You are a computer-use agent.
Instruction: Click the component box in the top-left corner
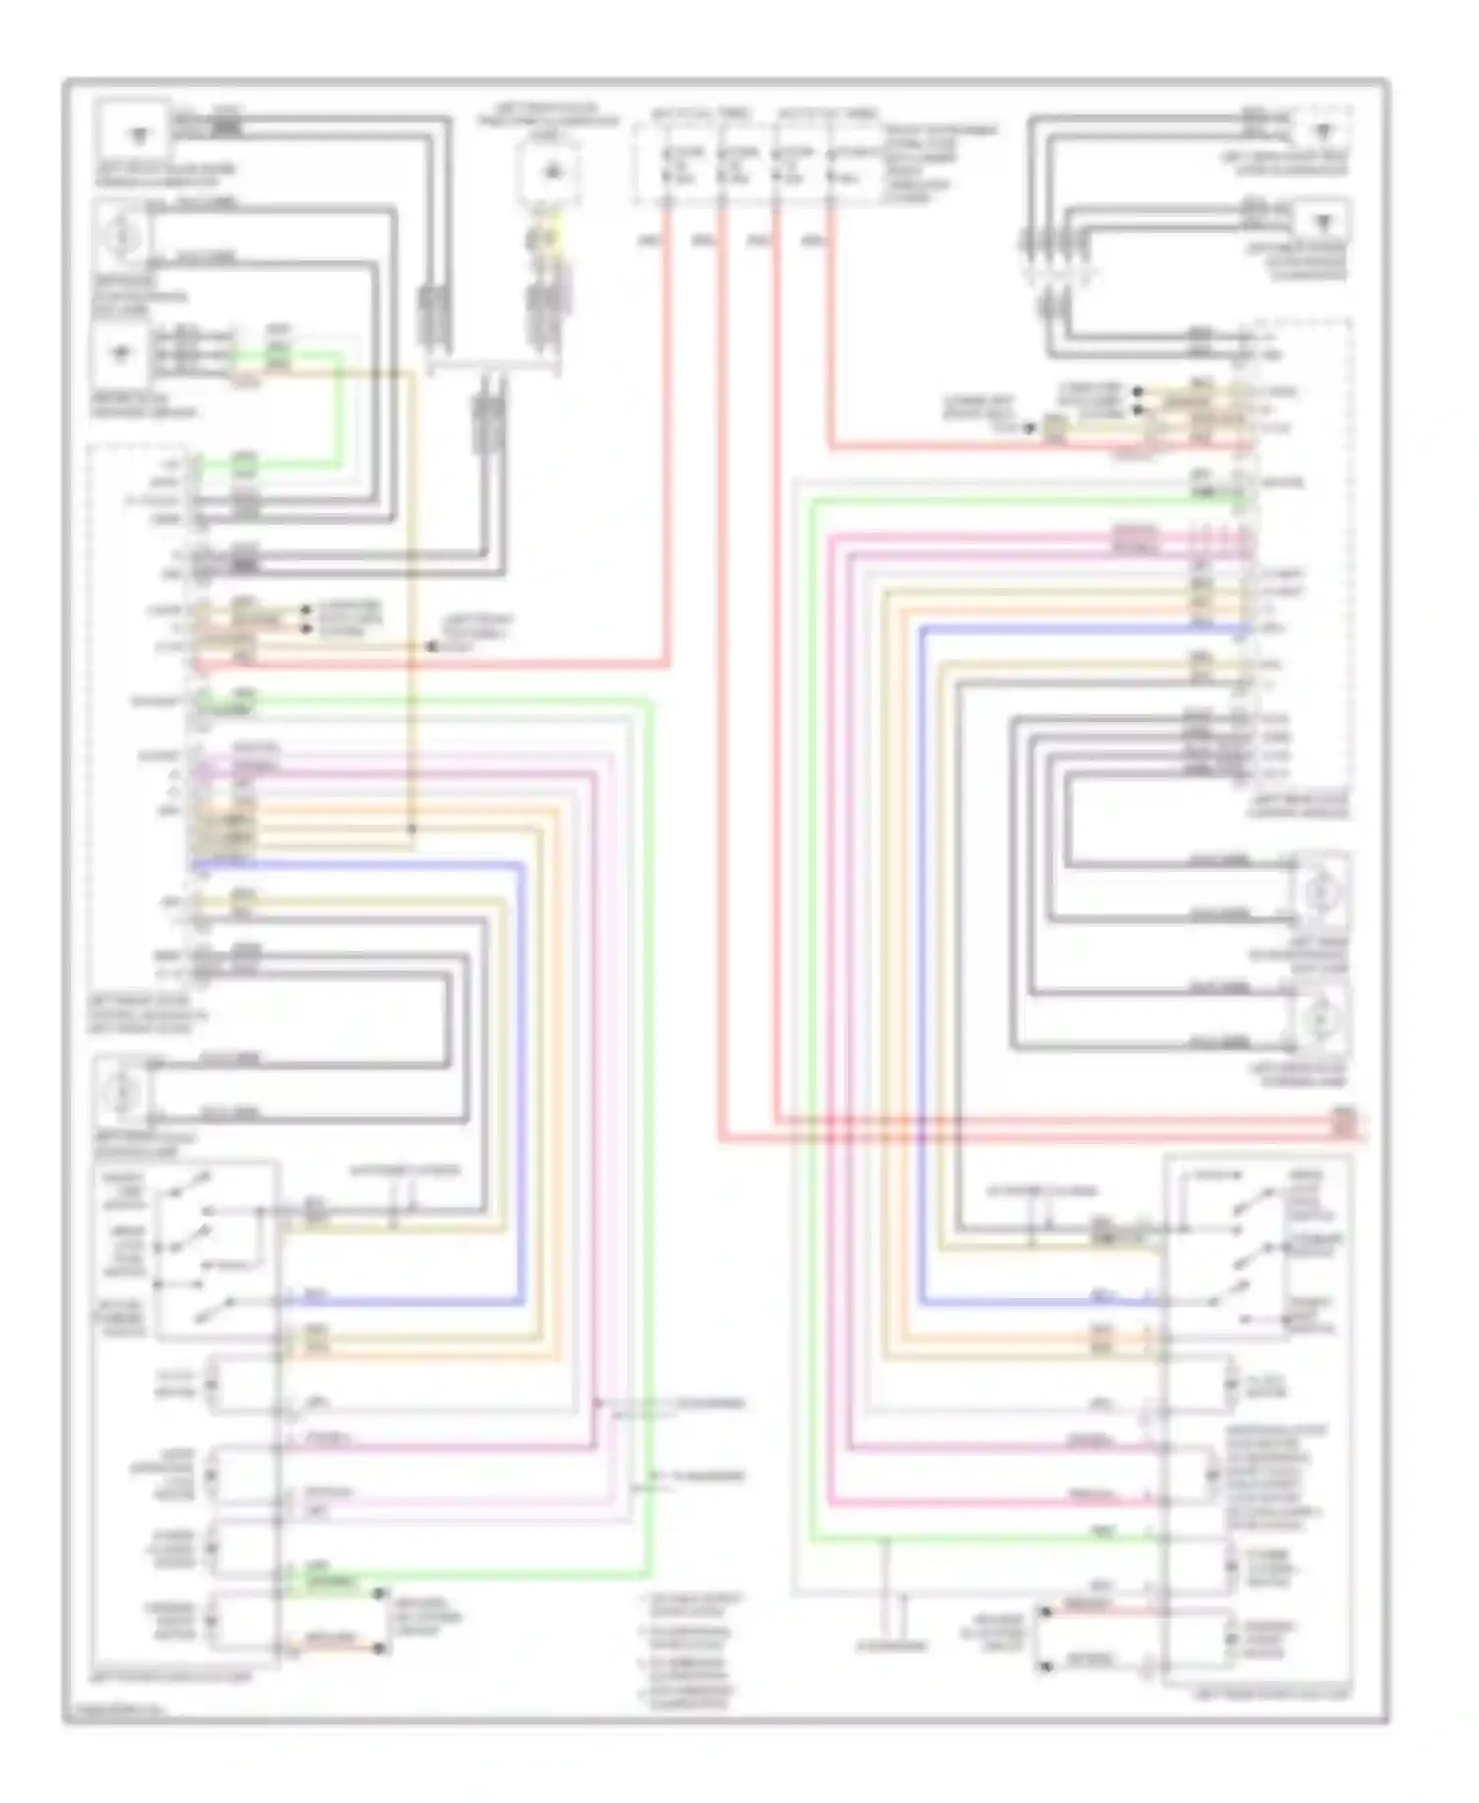134,132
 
